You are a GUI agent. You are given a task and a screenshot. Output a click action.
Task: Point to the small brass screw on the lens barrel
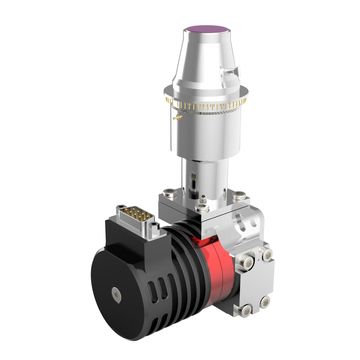(x=176, y=117)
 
